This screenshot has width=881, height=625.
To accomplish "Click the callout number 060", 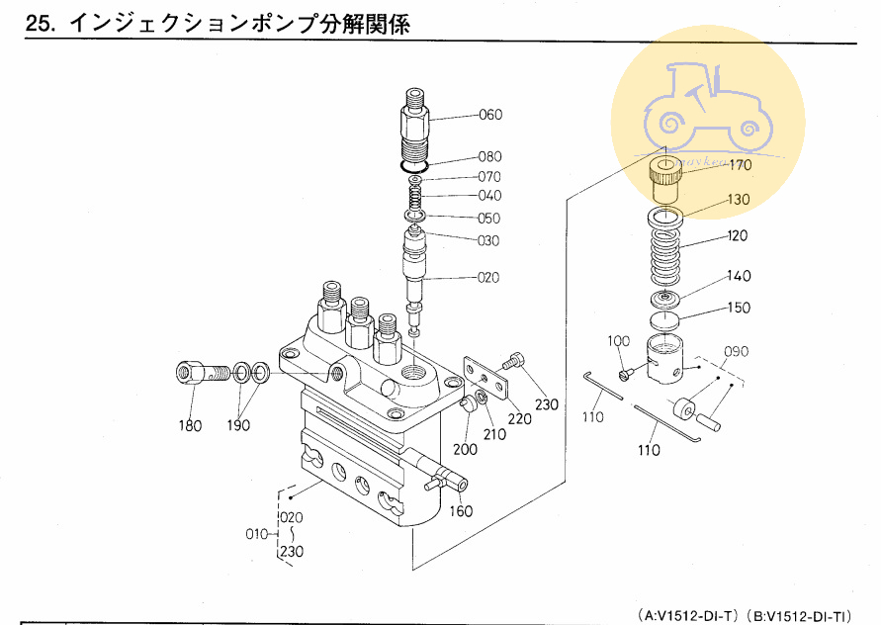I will tap(490, 115).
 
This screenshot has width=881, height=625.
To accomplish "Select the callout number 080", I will tap(490, 156).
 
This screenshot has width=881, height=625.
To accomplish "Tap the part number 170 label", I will tap(741, 166).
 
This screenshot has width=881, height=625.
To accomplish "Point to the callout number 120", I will tap(738, 236).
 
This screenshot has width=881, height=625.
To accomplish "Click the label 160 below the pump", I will tap(462, 511).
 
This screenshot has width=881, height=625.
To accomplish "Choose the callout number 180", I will tap(190, 426).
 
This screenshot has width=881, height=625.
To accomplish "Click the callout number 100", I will tap(618, 341).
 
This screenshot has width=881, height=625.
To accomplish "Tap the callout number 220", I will tap(519, 418).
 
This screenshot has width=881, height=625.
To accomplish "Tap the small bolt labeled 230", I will tap(514, 362).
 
